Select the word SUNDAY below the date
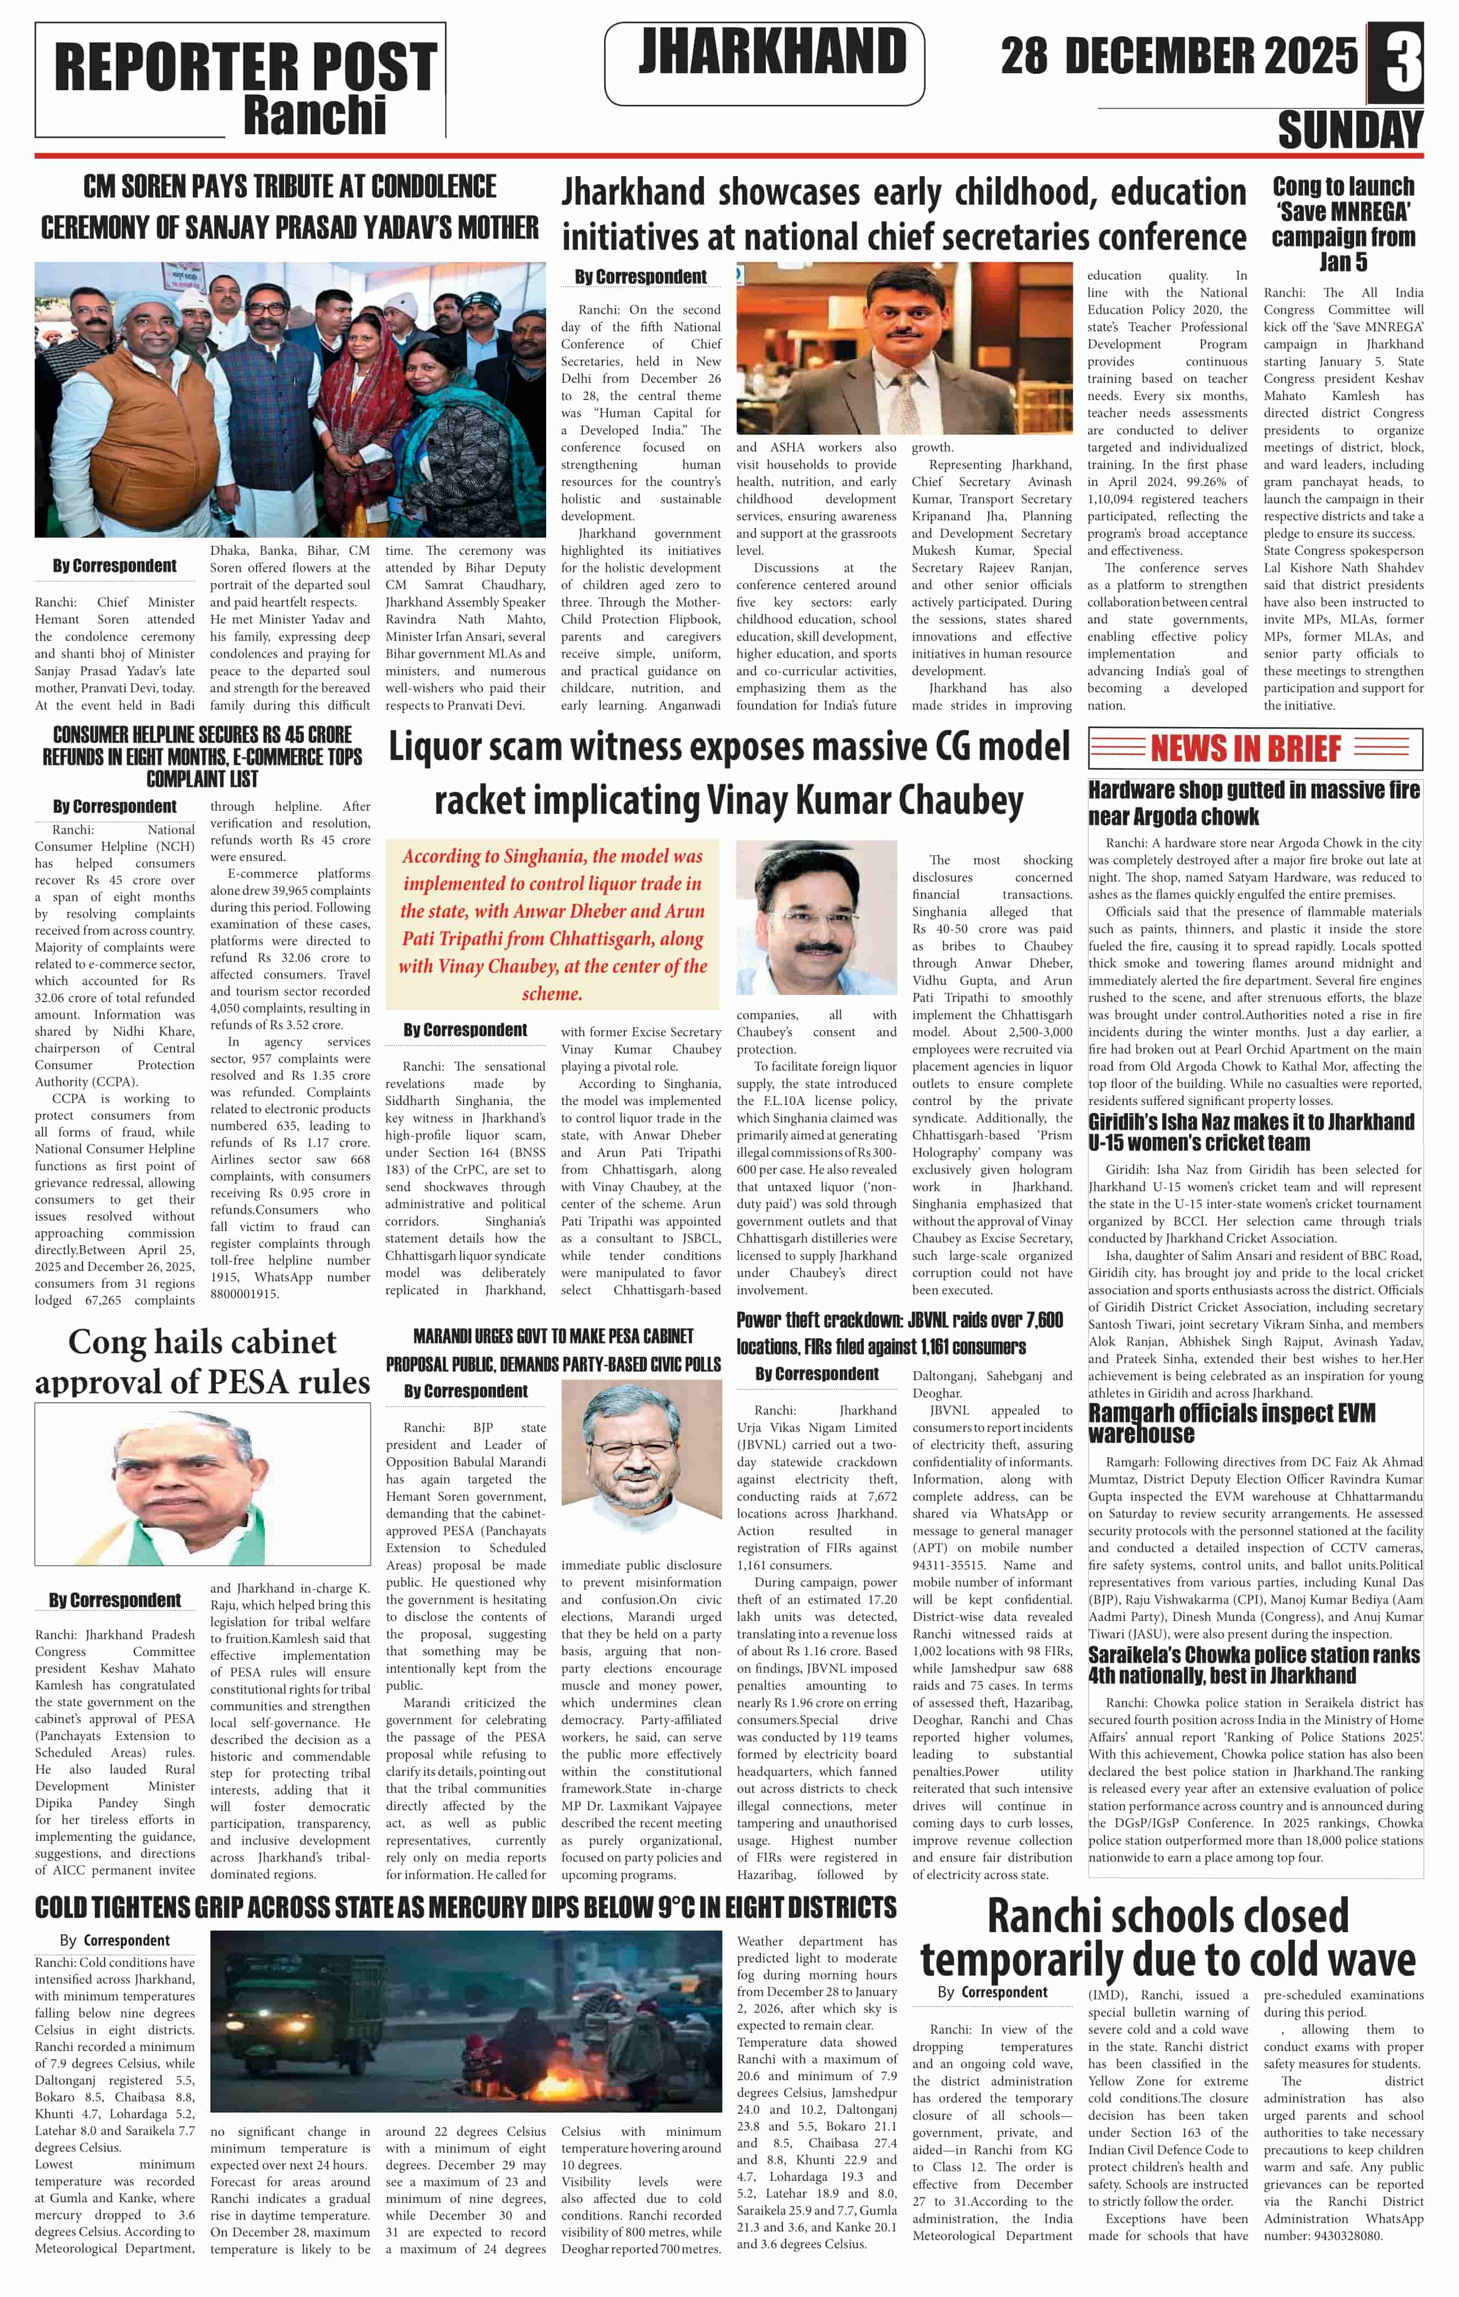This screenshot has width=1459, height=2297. click(1349, 130)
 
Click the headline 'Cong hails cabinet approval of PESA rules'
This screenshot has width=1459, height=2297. click(202, 1361)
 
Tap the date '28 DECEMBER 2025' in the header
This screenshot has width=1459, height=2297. click(1178, 56)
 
